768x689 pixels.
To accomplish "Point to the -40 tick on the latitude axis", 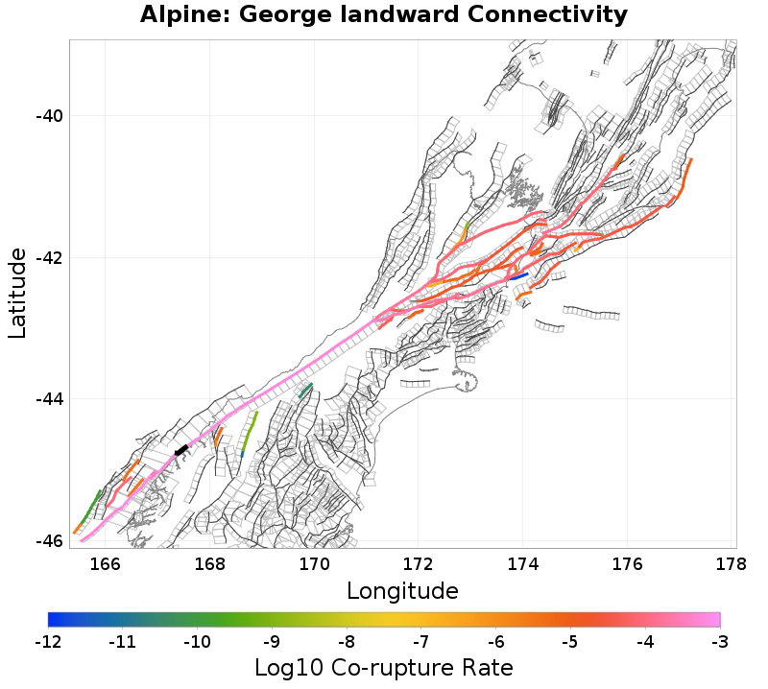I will (x=48, y=116).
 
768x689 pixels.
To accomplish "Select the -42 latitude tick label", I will (x=48, y=258).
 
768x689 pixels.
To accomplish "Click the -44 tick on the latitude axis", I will (x=48, y=399).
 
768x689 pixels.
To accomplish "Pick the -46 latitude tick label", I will (x=48, y=540).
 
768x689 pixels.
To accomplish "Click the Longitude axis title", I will (x=402, y=589).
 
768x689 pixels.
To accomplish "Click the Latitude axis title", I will (x=17, y=292).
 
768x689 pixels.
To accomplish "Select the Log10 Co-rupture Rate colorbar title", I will (x=384, y=667).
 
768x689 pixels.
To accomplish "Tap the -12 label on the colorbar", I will (x=48, y=640).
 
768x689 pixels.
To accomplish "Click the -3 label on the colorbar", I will (x=719, y=640).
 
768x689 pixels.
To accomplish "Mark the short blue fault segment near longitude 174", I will (x=518, y=276).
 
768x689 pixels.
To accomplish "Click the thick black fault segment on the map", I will (x=181, y=449).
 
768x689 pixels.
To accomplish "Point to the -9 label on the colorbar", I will (x=272, y=640).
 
